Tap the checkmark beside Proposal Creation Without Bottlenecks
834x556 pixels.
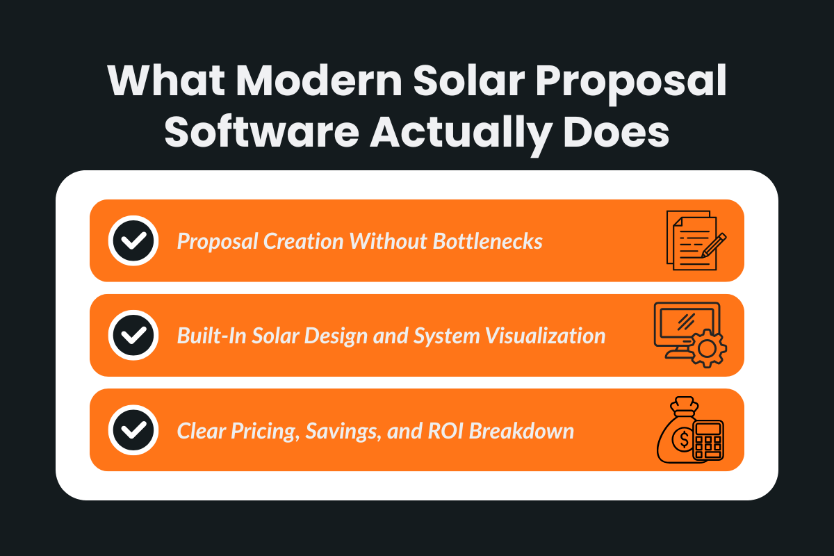click(133, 240)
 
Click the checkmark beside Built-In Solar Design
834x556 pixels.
click(133, 336)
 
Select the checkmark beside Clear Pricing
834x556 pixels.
click(133, 430)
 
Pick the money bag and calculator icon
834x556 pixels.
click(690, 430)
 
